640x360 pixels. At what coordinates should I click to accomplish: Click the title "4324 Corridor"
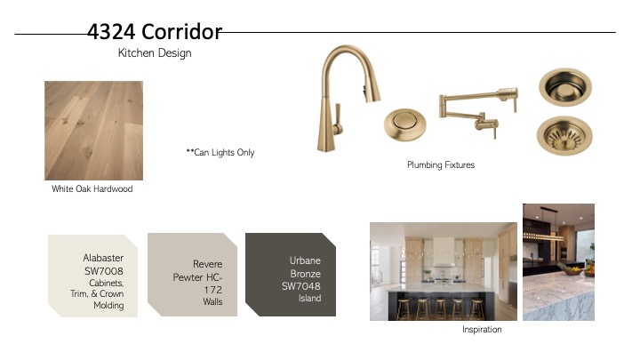coord(155,31)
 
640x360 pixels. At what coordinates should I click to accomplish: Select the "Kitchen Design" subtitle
coord(155,53)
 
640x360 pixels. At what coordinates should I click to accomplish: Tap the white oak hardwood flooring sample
coord(94,131)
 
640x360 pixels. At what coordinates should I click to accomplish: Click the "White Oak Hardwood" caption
coord(92,189)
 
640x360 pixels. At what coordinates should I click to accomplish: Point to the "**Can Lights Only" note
coord(220,153)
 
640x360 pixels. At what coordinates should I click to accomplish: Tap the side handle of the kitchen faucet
coord(338,119)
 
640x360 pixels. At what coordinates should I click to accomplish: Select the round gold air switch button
coord(405,124)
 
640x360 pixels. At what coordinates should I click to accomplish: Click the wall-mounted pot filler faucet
coord(478,109)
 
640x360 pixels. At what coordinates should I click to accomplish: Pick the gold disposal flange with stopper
coord(565,87)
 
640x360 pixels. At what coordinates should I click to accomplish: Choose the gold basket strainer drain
coord(564,136)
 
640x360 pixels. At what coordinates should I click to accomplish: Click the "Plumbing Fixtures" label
coord(441,165)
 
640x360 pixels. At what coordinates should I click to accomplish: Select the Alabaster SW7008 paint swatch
coord(92,276)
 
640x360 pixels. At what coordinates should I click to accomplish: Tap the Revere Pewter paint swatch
coord(192,275)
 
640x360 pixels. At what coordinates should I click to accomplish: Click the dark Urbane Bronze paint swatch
coord(291,275)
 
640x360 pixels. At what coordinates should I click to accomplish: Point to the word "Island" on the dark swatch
coord(309,299)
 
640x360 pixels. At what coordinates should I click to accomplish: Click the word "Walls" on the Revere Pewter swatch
coord(212,301)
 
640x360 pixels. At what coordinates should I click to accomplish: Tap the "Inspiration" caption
coord(482,330)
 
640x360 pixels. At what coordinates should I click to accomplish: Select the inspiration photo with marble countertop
coord(559,262)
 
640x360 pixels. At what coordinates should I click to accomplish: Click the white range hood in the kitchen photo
coord(444,251)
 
